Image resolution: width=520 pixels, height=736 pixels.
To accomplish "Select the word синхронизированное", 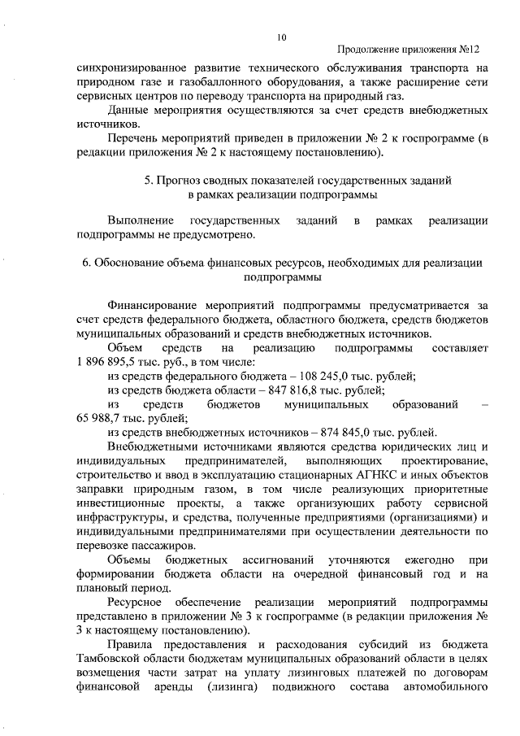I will coord(132,68).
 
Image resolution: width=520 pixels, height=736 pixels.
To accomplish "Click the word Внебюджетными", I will coord(154,446).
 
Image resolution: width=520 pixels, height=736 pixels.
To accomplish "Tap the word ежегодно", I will coord(415,559).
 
